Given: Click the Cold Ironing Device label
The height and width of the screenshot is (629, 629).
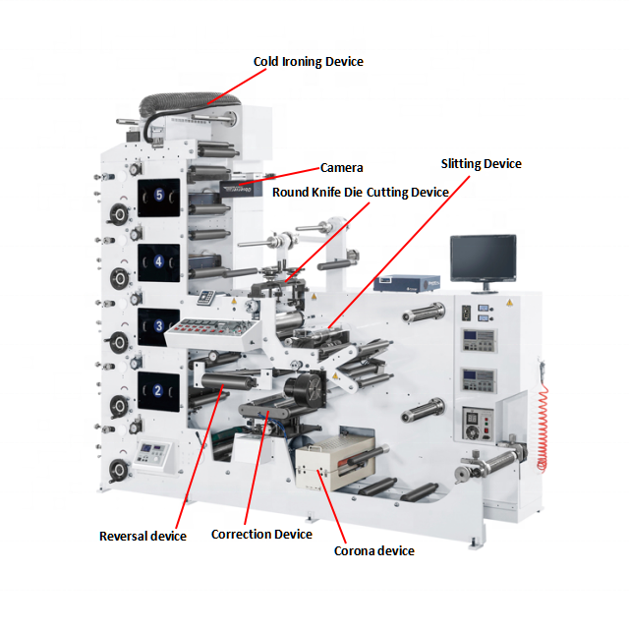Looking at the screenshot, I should (x=308, y=62).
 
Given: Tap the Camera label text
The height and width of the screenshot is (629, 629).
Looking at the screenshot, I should (x=342, y=168).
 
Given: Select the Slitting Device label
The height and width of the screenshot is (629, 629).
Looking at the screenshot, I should (x=481, y=164).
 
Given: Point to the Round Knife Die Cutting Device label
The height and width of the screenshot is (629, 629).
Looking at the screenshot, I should (x=360, y=193).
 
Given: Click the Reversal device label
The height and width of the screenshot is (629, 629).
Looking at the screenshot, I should (x=143, y=537).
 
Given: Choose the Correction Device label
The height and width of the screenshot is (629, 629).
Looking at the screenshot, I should (x=261, y=535).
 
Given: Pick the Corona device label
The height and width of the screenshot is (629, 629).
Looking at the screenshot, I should (x=373, y=551).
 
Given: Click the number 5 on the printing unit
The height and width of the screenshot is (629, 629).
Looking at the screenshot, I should (x=159, y=195).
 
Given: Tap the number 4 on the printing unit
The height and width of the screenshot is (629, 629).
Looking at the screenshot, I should (x=158, y=262).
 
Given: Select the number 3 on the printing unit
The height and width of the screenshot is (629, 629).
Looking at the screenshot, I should (x=157, y=325).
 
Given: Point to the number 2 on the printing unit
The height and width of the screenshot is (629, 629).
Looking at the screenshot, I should (x=157, y=390).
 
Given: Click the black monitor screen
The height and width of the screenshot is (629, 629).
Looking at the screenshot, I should (x=483, y=257).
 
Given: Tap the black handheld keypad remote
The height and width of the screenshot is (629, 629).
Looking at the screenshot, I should (x=207, y=298).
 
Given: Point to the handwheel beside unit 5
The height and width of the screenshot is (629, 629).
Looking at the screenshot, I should (x=119, y=213).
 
